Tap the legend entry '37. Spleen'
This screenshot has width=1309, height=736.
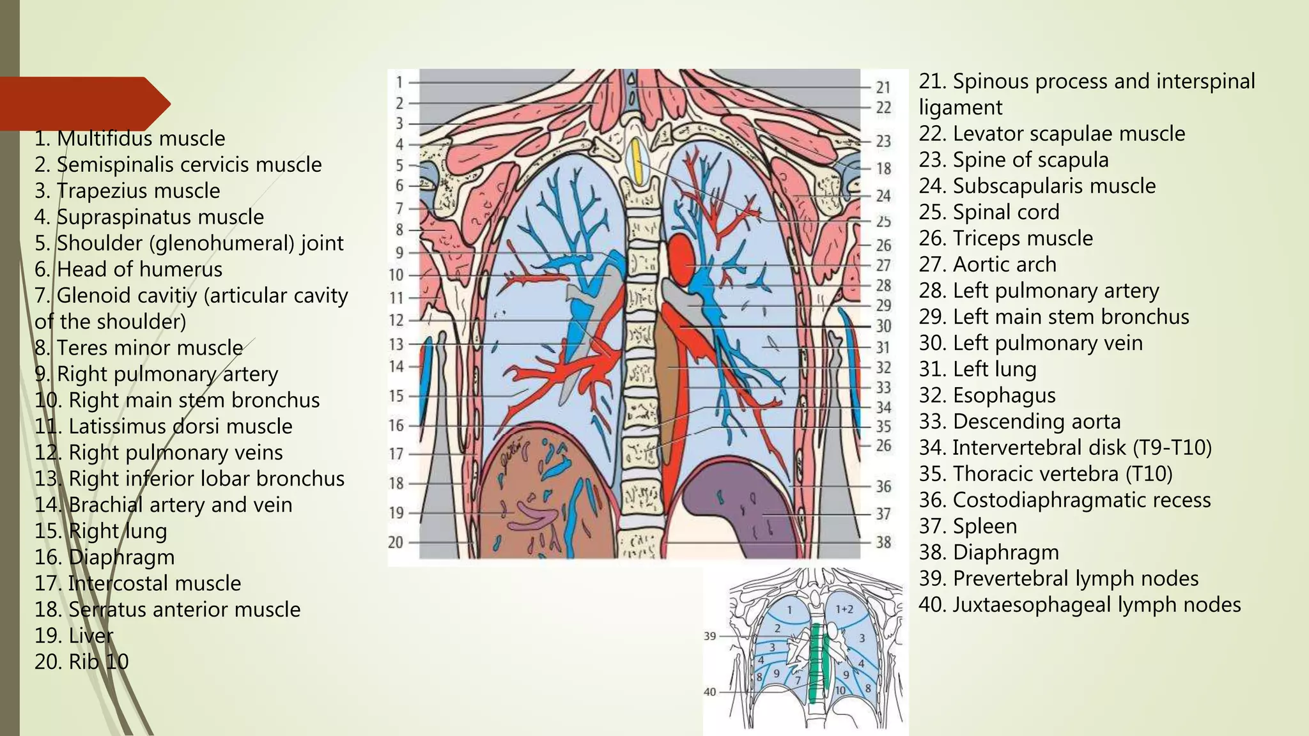(968, 526)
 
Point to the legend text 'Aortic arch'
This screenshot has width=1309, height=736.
(1004, 264)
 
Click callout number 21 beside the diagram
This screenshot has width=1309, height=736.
(883, 87)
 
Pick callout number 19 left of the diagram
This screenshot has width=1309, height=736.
(396, 512)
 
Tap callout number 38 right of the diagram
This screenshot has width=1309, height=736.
(883, 542)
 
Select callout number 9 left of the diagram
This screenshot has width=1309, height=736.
(399, 252)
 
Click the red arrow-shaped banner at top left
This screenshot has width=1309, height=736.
(83, 103)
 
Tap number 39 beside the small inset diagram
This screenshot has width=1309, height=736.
(709, 636)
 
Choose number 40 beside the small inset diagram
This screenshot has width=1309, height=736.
(709, 692)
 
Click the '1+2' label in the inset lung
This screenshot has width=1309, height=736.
(844, 609)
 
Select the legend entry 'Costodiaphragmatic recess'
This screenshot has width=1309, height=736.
(1081, 500)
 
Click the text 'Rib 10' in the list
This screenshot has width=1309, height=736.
(99, 661)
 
